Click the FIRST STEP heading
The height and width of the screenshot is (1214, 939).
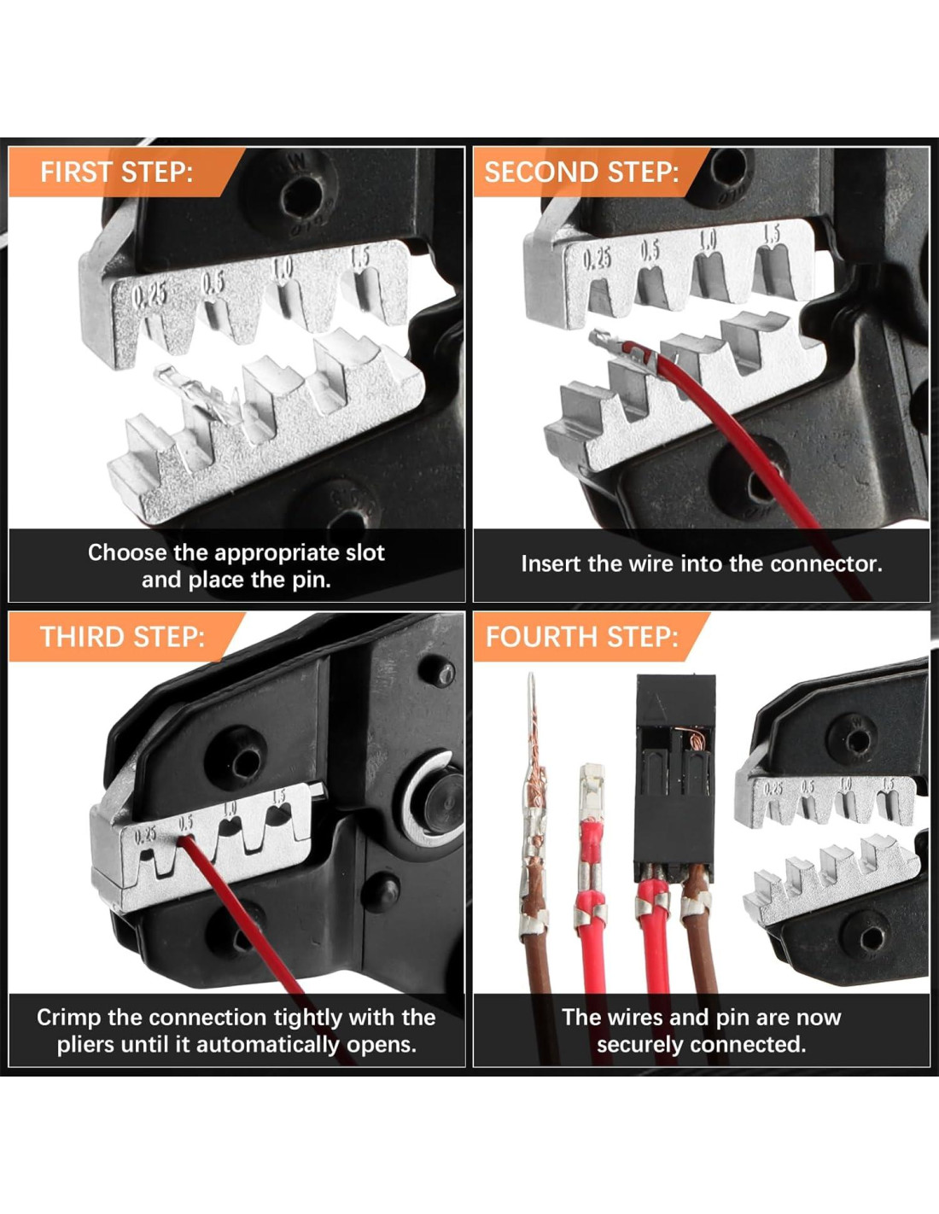pos(116,172)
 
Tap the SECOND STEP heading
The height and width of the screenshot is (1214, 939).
pos(581,172)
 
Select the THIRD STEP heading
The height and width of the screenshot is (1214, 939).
pos(122,637)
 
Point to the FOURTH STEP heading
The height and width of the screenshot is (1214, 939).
pos(582,637)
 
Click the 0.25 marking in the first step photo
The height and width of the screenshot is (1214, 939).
pos(149,296)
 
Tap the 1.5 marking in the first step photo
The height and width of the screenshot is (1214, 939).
pos(359,259)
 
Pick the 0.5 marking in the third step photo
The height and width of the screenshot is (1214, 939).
pos(185,822)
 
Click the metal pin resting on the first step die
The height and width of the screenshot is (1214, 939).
pos(196,391)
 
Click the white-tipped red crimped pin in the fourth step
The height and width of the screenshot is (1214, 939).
pos(591,838)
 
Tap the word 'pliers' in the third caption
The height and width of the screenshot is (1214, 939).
pos(85,1045)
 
